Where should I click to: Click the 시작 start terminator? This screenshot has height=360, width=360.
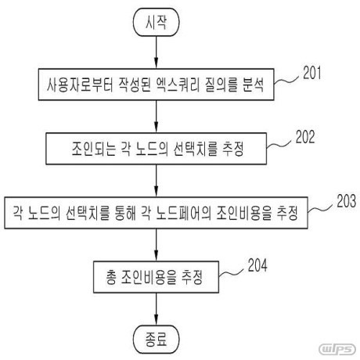[157, 22]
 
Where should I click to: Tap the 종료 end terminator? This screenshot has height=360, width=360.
[157, 340]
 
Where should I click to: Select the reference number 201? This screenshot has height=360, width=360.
[312, 73]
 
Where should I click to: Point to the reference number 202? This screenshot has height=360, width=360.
[305, 137]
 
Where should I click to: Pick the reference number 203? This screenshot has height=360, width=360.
[347, 201]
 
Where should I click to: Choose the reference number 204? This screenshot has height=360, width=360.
[257, 265]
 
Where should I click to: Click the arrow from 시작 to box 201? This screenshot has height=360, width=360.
[157, 52]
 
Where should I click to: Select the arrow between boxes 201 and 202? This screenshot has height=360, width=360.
[157, 117]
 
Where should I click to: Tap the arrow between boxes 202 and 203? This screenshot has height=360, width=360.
[157, 181]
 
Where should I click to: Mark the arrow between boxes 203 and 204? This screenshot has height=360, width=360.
[157, 245]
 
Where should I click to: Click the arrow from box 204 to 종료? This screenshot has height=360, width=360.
[157, 309]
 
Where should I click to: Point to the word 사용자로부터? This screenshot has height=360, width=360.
[80, 85]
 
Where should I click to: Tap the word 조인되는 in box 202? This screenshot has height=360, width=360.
[94, 149]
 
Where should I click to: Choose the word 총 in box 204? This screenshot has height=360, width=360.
[110, 277]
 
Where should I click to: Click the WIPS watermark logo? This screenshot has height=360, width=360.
[337, 349]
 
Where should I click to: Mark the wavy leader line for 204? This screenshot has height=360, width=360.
[231, 273]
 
